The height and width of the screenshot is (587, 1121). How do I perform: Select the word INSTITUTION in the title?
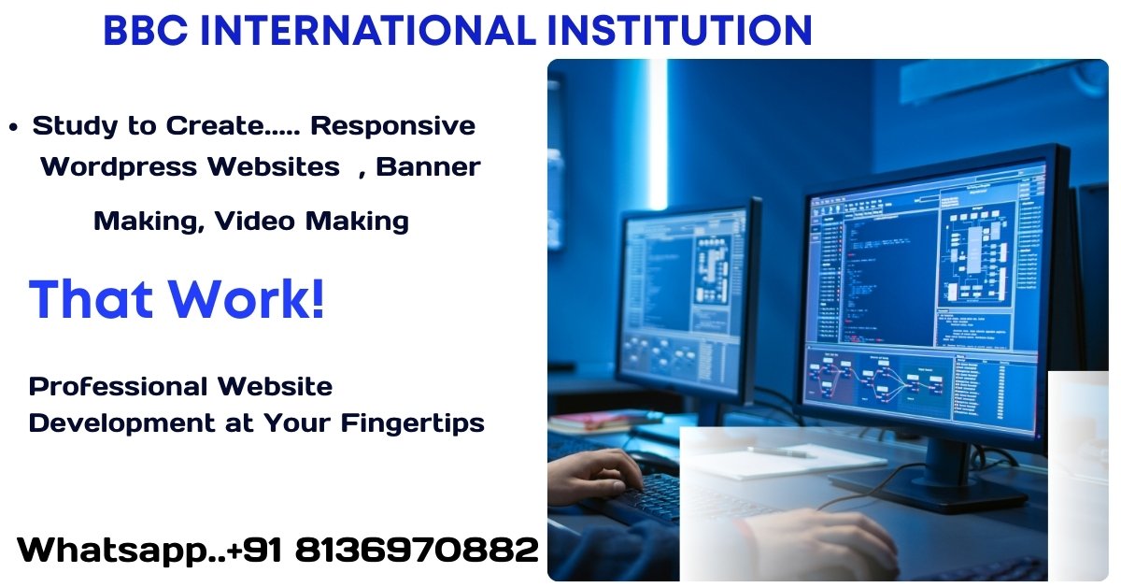(x=679, y=31)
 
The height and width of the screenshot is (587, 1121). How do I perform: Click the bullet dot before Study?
(x=13, y=127)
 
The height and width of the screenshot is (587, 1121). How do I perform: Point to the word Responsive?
(x=392, y=125)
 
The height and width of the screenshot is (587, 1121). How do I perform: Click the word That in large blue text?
(x=91, y=299)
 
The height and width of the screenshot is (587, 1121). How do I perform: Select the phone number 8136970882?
(x=417, y=550)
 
